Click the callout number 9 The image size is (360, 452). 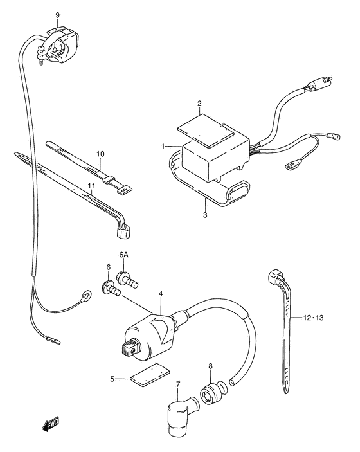coord(57,14)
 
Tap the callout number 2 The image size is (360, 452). coord(199,104)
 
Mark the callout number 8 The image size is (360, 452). coord(210,367)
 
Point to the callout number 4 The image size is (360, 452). coord(161,294)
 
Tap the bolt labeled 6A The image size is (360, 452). coord(125,279)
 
